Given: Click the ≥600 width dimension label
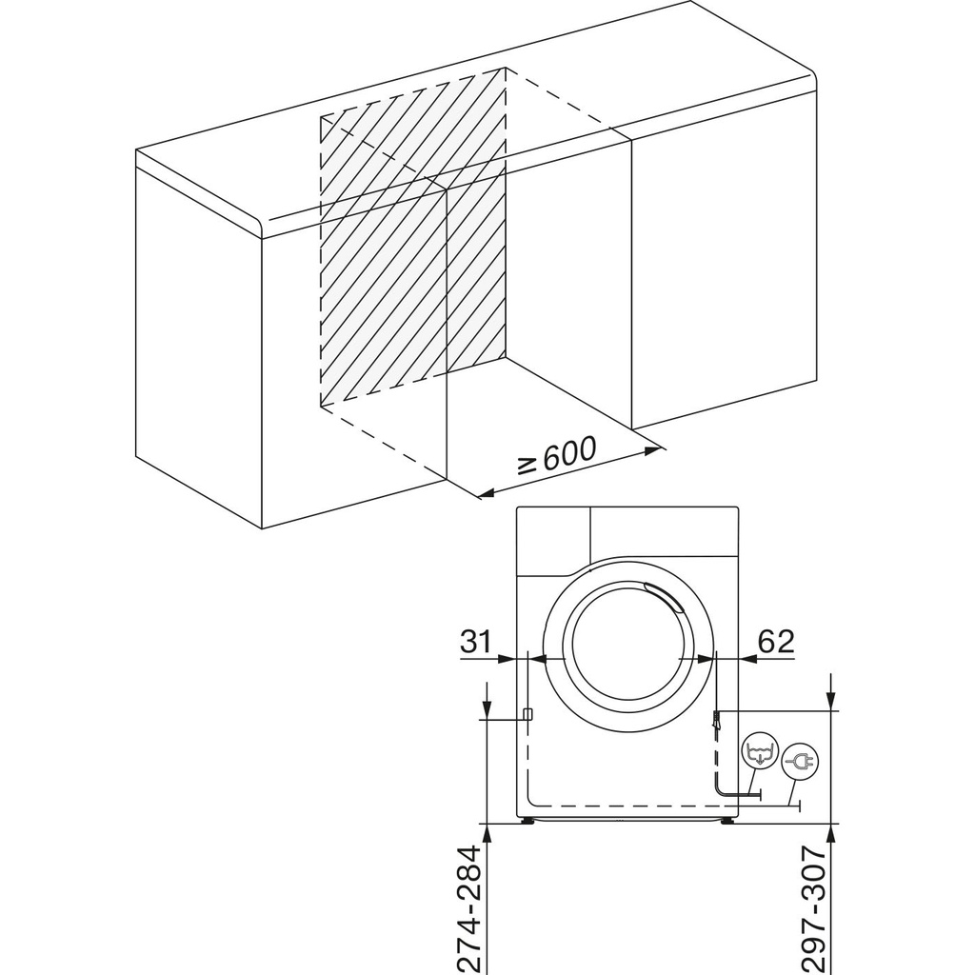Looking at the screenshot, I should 557,454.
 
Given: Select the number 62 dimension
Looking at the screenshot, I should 775,641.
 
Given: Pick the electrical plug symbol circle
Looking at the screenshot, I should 798,762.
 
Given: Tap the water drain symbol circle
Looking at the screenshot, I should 760,752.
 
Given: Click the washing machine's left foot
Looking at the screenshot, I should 526,821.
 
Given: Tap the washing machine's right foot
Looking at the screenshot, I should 728,821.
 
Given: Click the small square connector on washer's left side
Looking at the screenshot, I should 527,715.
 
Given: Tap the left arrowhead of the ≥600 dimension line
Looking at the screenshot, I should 483,493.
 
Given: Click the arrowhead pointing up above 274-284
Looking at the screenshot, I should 487,832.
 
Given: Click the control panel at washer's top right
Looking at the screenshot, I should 664,530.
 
